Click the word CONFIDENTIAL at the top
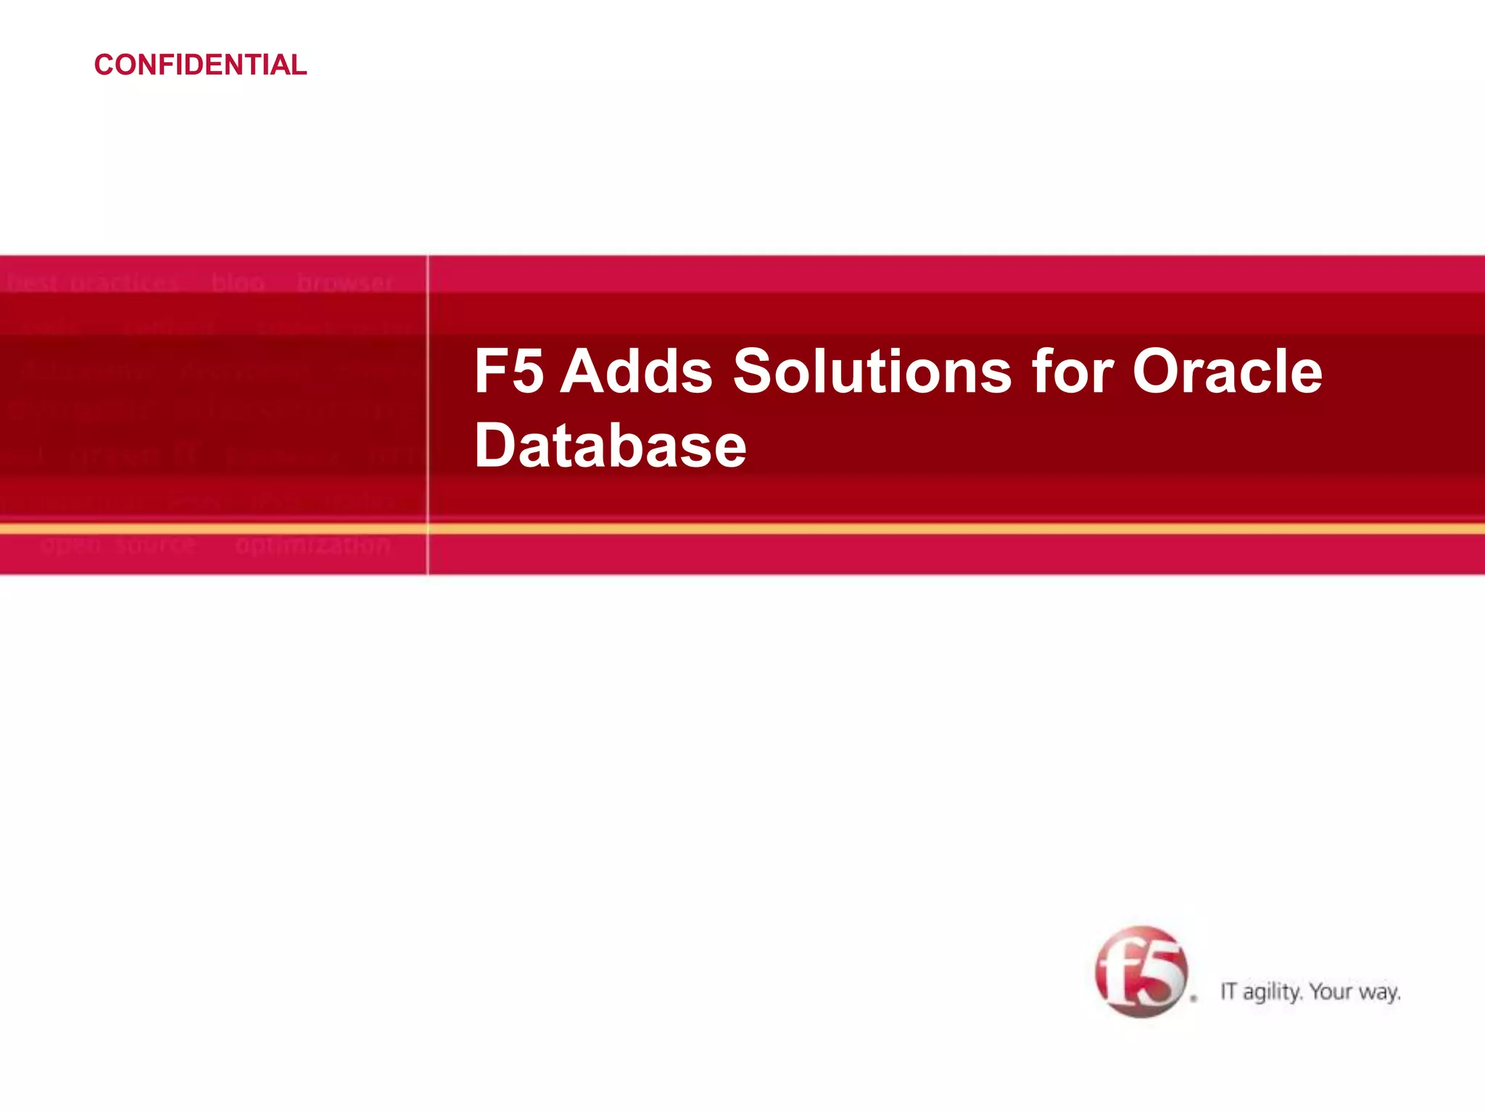pyautogui.click(x=200, y=65)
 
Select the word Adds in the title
pyautogui.click(x=636, y=371)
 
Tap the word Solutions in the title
pyautogui.click(x=872, y=371)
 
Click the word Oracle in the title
pyautogui.click(x=1227, y=371)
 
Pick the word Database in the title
pyautogui.click(x=610, y=446)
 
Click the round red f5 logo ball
pyautogui.click(x=1141, y=972)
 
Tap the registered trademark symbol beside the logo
pyautogui.click(x=1194, y=999)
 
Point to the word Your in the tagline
pyautogui.click(x=1331, y=991)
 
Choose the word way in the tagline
pyautogui.click(x=1379, y=992)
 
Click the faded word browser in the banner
pyautogui.click(x=344, y=283)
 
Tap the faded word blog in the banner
pyautogui.click(x=238, y=283)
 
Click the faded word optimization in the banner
pyautogui.click(x=313, y=545)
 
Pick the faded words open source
pyautogui.click(x=118, y=545)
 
